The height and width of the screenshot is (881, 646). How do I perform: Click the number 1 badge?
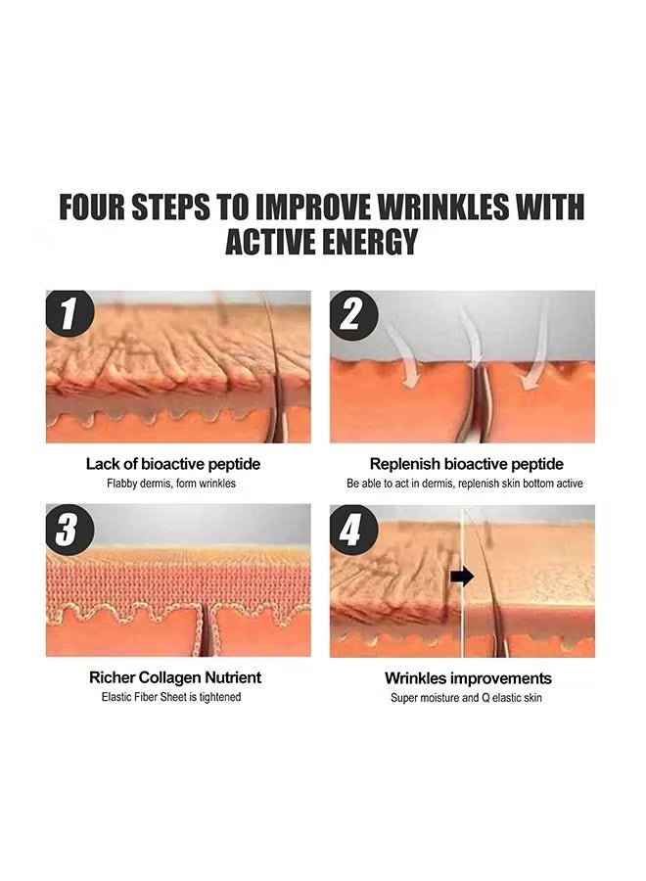click(69, 313)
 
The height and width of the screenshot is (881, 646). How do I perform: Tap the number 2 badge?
click(351, 313)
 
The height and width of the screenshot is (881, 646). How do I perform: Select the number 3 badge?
click(68, 529)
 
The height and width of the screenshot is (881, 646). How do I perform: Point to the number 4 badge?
click(351, 529)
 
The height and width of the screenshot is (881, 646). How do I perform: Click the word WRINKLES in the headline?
click(443, 207)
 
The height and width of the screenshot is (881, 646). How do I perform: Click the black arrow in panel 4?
click(462, 577)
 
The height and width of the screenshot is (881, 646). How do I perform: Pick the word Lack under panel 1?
click(103, 464)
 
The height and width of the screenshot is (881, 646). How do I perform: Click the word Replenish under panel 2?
click(404, 464)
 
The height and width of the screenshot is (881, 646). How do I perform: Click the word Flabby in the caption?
click(122, 484)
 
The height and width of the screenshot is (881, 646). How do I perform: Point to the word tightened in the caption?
click(220, 697)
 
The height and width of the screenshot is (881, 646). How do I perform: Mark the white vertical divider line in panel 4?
click(462, 582)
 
